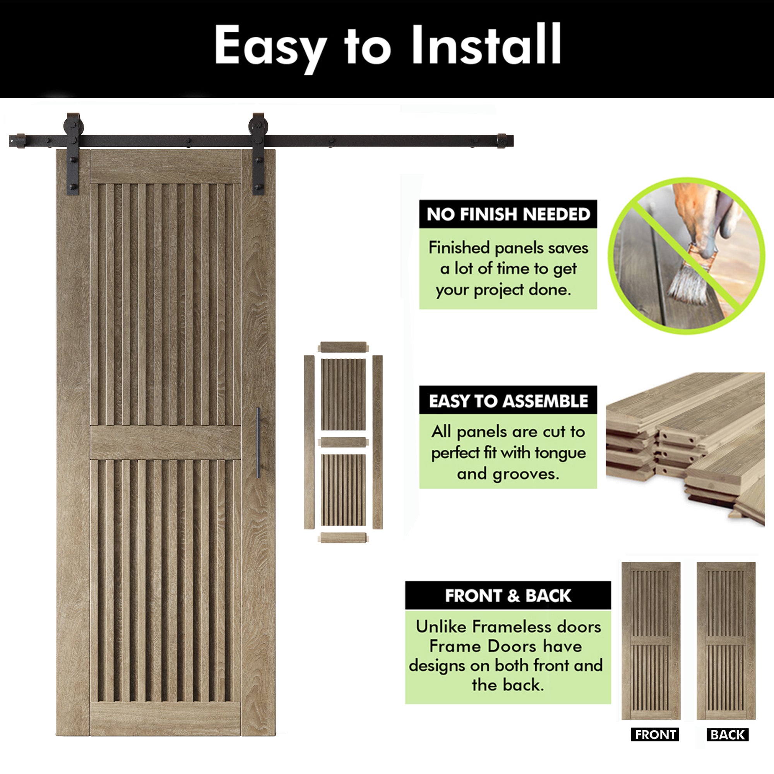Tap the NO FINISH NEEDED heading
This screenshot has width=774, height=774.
click(508, 214)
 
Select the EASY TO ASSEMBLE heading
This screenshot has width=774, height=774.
click(508, 401)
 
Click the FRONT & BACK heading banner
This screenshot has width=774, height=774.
click(508, 596)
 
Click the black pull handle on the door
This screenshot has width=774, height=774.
click(259, 443)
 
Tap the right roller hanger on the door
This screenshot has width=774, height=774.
click(259, 154)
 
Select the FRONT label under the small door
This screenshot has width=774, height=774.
click(655, 735)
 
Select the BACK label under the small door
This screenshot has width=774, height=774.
click(727, 735)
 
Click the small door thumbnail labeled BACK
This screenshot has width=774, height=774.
click(726, 641)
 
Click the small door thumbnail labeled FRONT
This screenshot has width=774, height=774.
click(651, 641)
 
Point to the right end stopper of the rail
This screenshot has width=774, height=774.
click(502, 141)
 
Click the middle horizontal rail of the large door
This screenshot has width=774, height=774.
click(166, 442)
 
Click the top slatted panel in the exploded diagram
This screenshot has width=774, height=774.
click(343, 395)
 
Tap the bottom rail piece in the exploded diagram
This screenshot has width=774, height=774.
click(343, 537)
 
